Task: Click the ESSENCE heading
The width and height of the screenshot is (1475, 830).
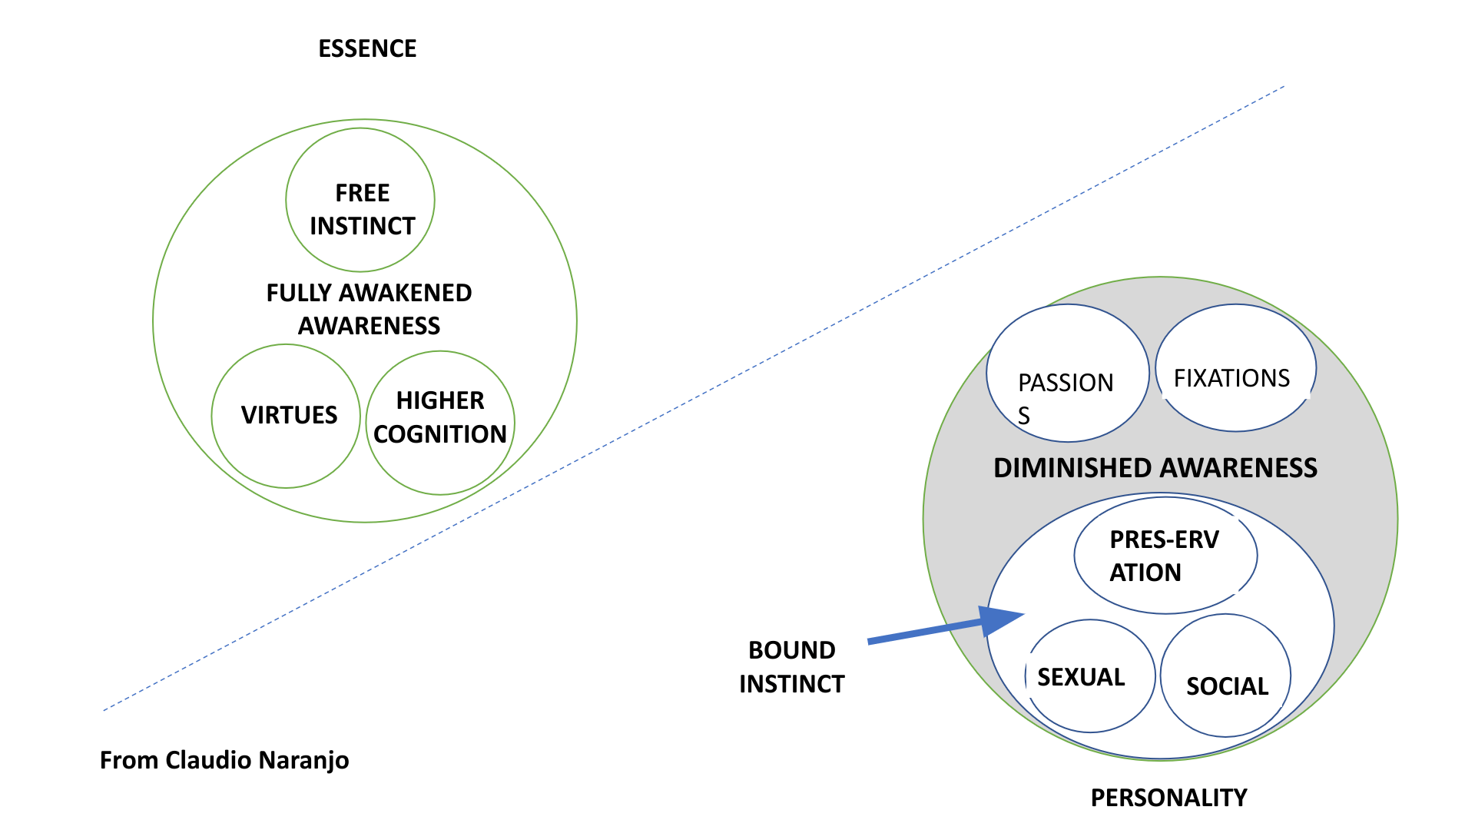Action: tap(367, 48)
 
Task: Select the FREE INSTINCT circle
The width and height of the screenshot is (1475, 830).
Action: tap(360, 200)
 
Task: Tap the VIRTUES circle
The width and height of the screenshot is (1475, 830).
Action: tap(286, 416)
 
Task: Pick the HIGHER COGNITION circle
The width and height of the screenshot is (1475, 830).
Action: tap(440, 423)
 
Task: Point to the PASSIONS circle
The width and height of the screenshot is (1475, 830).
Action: tap(1067, 373)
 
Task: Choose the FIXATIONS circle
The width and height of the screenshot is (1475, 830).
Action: tap(1235, 368)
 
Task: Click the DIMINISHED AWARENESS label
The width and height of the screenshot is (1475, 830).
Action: tap(1155, 468)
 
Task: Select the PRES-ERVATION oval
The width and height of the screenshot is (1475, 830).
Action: tap(1165, 556)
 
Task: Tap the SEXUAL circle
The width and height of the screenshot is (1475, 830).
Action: tap(1089, 676)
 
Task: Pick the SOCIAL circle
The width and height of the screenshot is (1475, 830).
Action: tap(1226, 676)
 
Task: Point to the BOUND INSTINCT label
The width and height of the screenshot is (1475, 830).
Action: tap(792, 667)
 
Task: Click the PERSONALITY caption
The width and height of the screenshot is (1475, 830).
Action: tap(1168, 798)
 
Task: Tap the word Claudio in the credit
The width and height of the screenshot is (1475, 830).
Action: tap(208, 760)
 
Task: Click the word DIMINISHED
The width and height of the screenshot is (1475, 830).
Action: tap(1072, 468)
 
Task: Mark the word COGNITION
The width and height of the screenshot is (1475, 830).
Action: tap(440, 434)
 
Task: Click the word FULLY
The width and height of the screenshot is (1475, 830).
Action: tap(299, 293)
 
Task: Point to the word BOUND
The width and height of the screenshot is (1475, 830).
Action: tap(792, 650)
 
